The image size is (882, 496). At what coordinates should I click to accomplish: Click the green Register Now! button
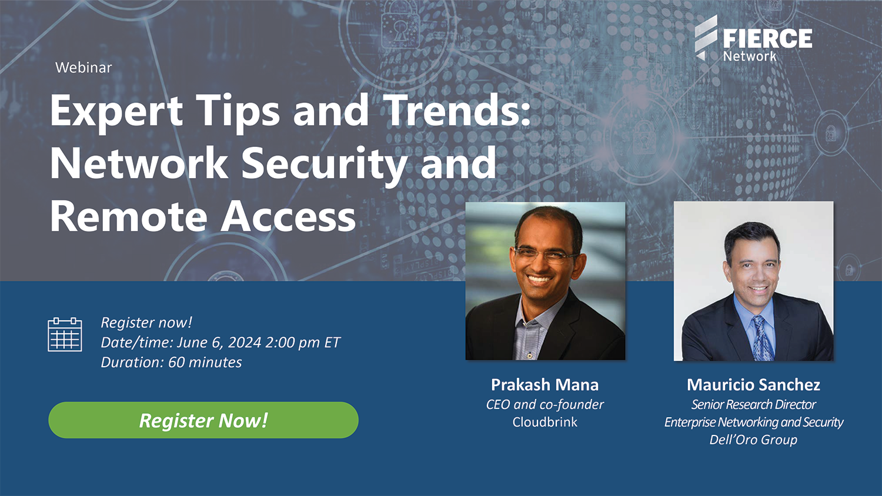203,420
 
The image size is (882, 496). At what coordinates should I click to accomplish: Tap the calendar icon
65,334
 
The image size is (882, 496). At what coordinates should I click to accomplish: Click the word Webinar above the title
83,68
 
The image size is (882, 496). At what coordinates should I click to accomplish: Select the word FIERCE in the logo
767,39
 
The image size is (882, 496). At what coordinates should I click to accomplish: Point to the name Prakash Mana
544,384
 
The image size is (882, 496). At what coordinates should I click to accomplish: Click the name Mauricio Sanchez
753,384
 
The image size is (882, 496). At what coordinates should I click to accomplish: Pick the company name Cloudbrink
544,422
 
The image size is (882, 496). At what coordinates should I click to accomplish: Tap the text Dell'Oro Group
753,440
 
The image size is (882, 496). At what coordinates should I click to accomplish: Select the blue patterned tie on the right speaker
762,339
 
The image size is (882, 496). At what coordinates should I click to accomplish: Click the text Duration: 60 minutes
171,362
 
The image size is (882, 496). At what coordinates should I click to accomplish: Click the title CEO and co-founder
544,405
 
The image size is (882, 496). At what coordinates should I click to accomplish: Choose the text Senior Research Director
753,405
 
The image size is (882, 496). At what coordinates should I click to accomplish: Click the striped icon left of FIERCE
706,38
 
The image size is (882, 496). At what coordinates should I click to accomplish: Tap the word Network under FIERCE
749,56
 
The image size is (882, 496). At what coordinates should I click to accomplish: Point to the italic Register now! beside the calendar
146,323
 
